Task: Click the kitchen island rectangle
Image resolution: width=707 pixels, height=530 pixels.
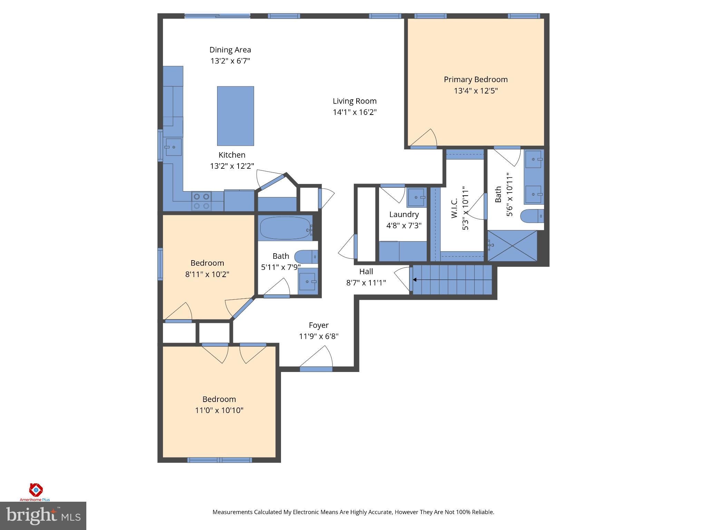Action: tap(235, 116)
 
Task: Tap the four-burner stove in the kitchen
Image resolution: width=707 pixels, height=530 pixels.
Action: tap(202, 201)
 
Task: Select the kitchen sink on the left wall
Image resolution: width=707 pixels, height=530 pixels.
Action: tap(172, 147)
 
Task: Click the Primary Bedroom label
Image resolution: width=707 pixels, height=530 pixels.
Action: tap(475, 79)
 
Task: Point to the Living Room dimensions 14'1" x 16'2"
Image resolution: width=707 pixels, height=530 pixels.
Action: tap(355, 112)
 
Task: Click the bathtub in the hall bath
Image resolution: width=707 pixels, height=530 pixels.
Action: tap(285, 228)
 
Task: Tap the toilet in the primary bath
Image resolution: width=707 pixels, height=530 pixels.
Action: tap(532, 216)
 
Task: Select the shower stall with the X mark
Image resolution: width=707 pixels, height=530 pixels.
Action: tap(512, 246)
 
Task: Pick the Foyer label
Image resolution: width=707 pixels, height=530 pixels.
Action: tap(318, 325)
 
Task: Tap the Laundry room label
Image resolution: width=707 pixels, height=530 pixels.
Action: tap(404, 214)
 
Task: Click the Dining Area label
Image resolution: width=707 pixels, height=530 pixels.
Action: tap(230, 50)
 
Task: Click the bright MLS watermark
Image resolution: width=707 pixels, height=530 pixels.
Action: tap(43, 516)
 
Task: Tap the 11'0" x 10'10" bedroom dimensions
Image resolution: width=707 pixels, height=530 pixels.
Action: tap(219, 410)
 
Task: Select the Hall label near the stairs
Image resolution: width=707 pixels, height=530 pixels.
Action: tap(366, 272)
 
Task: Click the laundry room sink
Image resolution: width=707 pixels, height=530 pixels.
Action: tap(416, 197)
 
